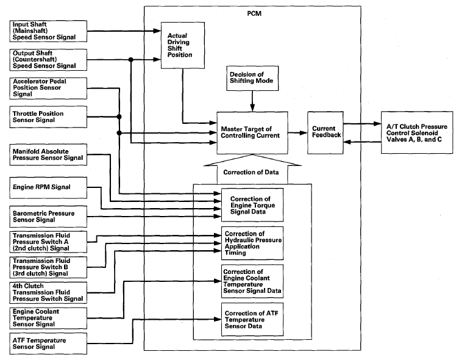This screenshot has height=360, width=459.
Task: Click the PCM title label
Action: pos(254,14)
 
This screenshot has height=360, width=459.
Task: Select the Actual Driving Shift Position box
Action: pos(183,45)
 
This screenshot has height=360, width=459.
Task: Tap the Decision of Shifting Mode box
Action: pos(252,78)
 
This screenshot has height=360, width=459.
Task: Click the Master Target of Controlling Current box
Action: pos(252,132)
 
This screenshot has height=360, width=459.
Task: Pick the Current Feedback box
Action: pos(326,132)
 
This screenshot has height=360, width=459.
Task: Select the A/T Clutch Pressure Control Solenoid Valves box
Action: pos(417,132)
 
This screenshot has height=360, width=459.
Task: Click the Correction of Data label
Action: pos(251,172)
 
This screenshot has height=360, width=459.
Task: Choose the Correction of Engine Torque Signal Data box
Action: pos(252,205)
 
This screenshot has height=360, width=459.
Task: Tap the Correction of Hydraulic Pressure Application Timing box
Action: pos(252,243)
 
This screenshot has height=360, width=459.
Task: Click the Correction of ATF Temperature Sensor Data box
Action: pos(252,319)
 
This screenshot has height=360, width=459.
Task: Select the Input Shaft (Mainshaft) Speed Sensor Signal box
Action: pos(48,31)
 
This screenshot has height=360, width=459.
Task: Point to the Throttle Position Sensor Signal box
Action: pos(48,117)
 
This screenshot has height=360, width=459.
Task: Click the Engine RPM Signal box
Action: pos(48,188)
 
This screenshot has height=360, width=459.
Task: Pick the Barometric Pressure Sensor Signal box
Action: pos(48,217)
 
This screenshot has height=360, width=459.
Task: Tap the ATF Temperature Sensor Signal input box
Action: pos(48,344)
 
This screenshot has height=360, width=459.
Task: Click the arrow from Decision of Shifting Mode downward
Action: pos(252,101)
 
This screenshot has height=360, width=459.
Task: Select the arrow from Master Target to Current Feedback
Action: pos(297,132)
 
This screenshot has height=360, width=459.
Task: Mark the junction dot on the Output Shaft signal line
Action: pos(131,60)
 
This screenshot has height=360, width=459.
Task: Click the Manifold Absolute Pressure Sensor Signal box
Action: pos(48,154)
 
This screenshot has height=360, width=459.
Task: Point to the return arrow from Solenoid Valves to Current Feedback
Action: pos(362,142)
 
